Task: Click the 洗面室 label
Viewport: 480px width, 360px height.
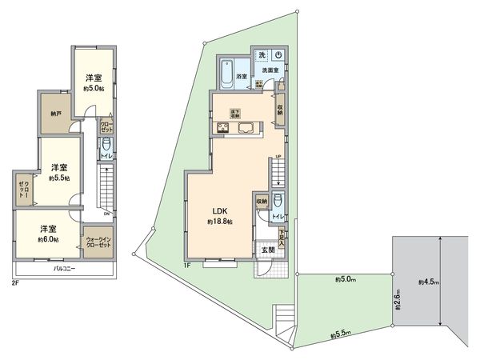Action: click(x=268, y=71)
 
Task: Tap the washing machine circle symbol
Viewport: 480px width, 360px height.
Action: click(x=276, y=55)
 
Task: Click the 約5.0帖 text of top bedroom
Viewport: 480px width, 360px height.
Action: click(x=94, y=88)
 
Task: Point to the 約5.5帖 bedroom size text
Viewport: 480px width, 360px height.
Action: click(x=58, y=178)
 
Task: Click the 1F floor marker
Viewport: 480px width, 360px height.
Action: click(x=186, y=266)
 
